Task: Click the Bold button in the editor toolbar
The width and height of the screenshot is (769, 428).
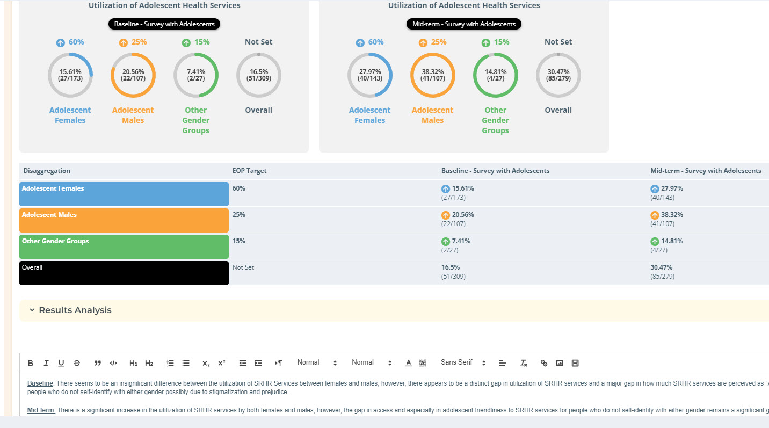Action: click(31, 363)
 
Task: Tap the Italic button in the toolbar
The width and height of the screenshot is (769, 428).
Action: click(46, 363)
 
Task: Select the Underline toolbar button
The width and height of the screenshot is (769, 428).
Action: click(61, 363)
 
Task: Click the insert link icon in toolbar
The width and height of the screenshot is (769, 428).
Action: click(543, 363)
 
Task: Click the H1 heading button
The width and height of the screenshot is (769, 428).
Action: click(134, 363)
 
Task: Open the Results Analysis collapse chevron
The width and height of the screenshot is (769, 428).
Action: click(32, 310)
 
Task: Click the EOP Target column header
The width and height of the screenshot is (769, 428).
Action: click(249, 171)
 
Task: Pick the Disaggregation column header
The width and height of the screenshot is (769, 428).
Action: click(47, 171)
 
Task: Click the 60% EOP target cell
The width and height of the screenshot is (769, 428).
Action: click(239, 188)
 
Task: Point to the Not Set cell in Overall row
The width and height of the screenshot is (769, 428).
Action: click(243, 267)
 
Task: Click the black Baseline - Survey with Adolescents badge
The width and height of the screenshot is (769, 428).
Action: click(164, 24)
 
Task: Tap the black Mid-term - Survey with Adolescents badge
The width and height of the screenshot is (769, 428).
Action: click(464, 24)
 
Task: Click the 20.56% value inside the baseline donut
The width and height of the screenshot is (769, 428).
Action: click(133, 72)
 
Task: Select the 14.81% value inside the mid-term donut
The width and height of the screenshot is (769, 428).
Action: click(495, 72)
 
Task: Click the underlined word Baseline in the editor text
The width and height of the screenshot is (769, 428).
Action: click(40, 383)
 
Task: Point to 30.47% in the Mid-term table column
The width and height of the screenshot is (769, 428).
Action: click(661, 267)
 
